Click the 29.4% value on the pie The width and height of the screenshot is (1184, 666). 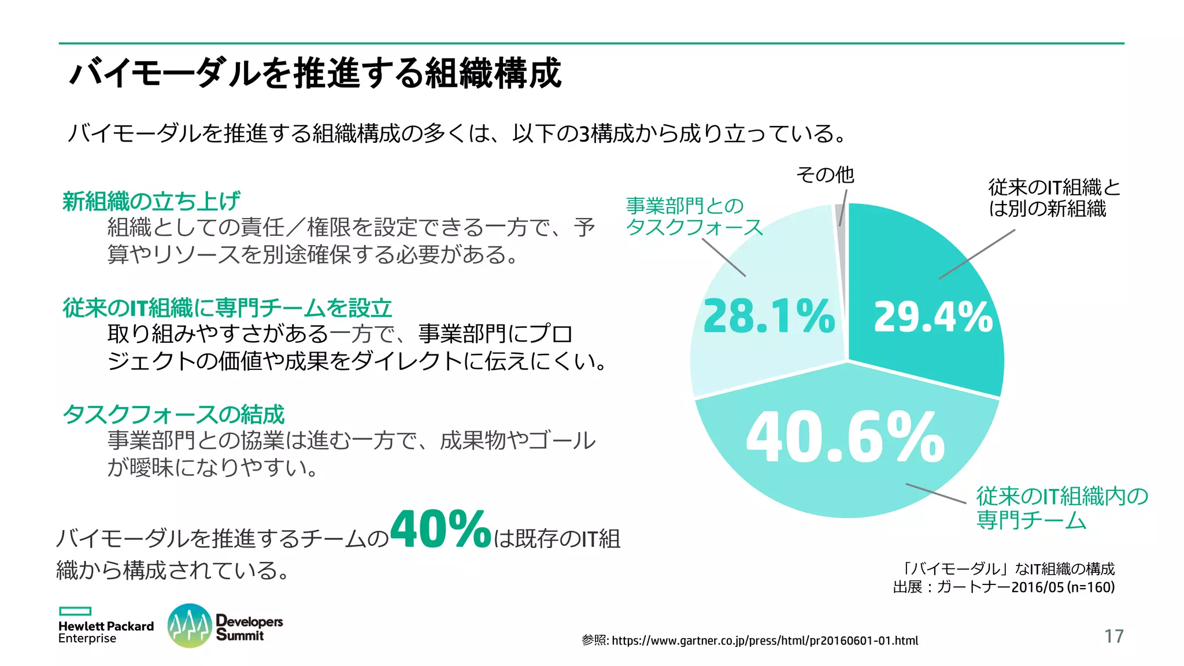933,317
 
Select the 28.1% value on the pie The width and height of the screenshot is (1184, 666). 769,317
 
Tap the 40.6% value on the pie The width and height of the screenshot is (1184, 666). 845,438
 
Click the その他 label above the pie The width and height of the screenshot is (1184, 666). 825,175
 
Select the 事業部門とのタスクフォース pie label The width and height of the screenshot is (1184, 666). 694,216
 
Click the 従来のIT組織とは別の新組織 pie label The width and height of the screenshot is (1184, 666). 1053,198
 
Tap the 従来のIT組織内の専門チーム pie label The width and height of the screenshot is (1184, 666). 1061,508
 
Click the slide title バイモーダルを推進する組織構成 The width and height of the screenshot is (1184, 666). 316,73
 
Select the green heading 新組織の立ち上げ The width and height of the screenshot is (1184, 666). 151,201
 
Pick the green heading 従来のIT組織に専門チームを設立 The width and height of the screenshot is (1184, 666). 227,308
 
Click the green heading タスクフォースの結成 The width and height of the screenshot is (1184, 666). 173,414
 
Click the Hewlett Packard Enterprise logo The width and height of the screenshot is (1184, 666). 106,631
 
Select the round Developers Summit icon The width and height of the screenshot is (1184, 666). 189,626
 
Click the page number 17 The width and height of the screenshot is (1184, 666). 1113,636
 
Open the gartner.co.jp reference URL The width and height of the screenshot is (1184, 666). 764,641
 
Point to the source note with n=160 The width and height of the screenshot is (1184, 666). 1004,587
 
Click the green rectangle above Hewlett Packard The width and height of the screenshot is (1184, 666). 75,611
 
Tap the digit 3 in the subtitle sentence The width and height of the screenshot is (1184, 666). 584,134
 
